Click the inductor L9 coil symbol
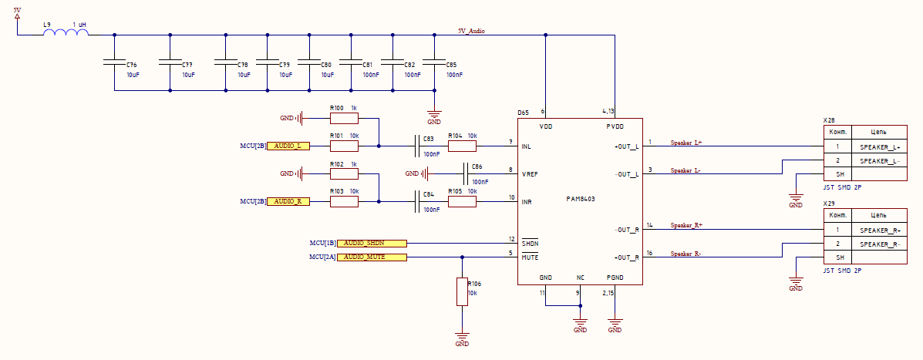(66, 33)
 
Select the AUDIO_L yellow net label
(288, 146)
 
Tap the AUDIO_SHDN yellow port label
(372, 243)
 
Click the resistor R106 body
(462, 291)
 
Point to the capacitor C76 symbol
(113, 62)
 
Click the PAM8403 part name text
(580, 199)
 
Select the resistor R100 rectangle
(344, 119)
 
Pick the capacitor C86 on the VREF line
(465, 173)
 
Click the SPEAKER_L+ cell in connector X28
(880, 146)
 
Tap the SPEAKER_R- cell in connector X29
(880, 244)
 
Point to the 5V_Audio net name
(471, 31)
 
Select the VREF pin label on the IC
(530, 174)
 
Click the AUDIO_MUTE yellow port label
(372, 257)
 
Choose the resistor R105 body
(462, 202)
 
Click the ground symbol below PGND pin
(615, 324)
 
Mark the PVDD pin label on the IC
(614, 126)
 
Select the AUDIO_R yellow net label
(288, 201)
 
